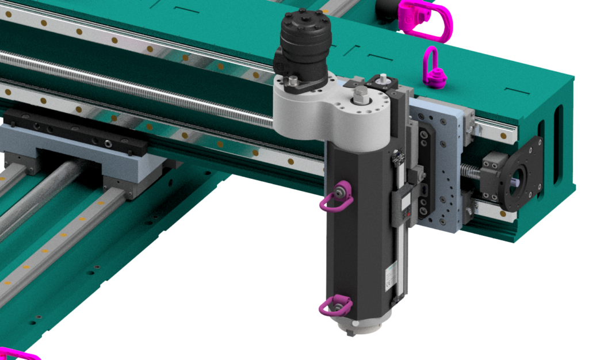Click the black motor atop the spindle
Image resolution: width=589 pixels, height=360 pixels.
point(305,40)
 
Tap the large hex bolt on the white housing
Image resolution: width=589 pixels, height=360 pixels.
point(361,95)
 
